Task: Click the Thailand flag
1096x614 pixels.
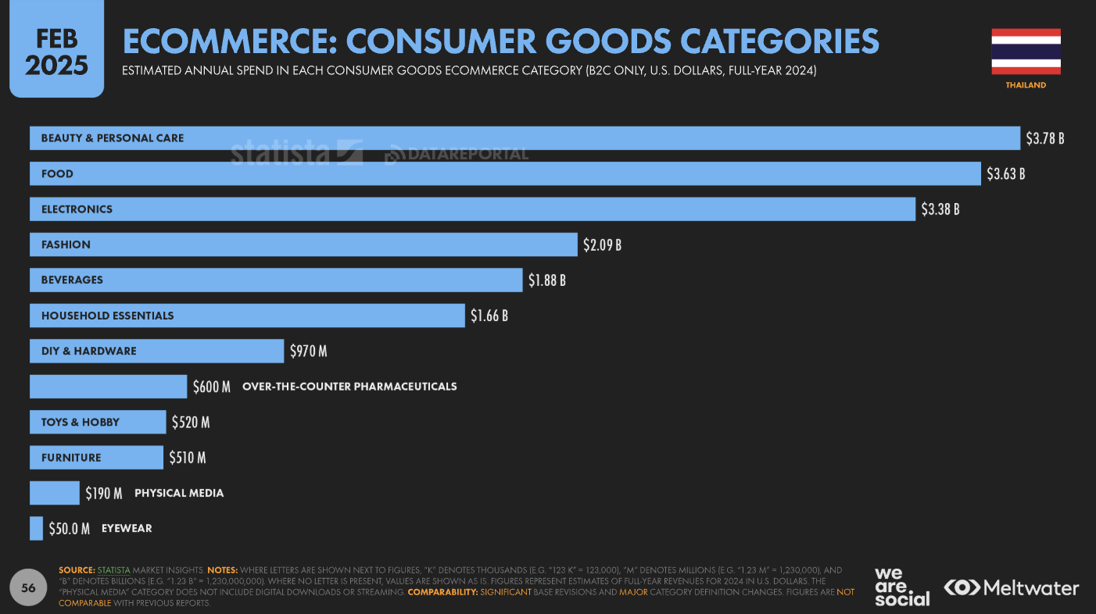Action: click(1026, 52)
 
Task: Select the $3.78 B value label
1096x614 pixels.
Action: click(1045, 138)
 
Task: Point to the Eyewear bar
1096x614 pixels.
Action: click(36, 528)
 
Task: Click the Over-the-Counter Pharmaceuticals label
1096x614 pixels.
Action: click(349, 386)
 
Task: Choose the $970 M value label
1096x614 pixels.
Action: click(308, 351)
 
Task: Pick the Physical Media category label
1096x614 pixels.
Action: click(179, 493)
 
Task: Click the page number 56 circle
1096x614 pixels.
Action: click(28, 588)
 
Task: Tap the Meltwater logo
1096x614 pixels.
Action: click(1011, 587)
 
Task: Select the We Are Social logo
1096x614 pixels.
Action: click(901, 587)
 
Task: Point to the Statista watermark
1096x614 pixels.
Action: click(295, 152)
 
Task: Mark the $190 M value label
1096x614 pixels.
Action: click(104, 493)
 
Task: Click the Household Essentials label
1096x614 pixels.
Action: click(108, 316)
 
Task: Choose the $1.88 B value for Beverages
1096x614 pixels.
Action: click(546, 280)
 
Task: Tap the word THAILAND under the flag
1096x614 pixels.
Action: click(1026, 85)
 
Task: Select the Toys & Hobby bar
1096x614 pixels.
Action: click(98, 422)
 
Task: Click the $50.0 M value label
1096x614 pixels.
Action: click(70, 528)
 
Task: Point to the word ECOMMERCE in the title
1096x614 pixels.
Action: click(227, 41)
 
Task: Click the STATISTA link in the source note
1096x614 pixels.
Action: click(113, 570)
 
